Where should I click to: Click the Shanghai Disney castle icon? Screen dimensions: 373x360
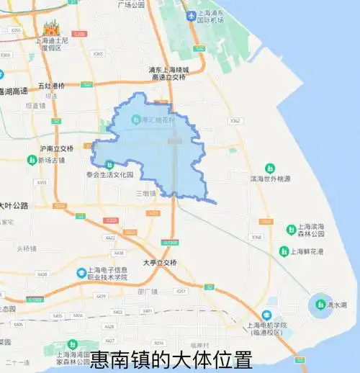pos(50,29)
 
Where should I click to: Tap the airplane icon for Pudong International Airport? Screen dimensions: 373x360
pos(190,16)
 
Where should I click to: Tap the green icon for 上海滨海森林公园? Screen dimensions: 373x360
pos(291,228)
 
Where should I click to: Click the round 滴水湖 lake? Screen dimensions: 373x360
pos(320,305)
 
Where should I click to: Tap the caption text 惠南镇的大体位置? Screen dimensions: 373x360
pos(171,359)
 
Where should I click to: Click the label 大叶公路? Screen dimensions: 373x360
pos(14,205)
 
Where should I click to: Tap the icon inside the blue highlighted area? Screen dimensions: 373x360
pos(136,119)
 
